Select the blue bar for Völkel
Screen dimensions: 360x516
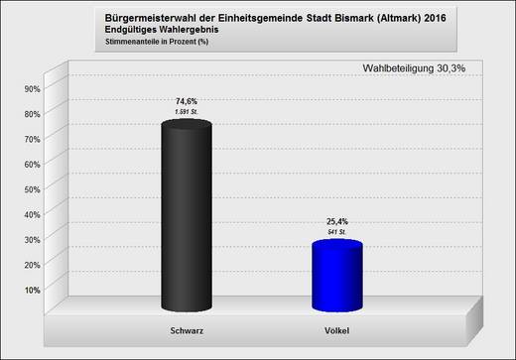(337, 275)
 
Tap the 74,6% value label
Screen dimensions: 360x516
(186, 101)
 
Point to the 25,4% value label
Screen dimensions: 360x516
(337, 221)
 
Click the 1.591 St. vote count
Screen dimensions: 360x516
(186, 112)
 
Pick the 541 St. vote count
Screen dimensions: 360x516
(337, 232)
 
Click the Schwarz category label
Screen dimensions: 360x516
(186, 329)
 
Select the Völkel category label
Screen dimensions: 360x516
(337, 329)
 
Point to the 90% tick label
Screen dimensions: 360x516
(30, 88)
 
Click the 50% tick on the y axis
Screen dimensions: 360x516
(30, 188)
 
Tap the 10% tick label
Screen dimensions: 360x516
(30, 290)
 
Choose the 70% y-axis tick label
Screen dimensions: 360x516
(30, 139)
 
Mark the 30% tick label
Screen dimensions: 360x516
(30, 239)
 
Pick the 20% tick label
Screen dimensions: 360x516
(30, 264)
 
